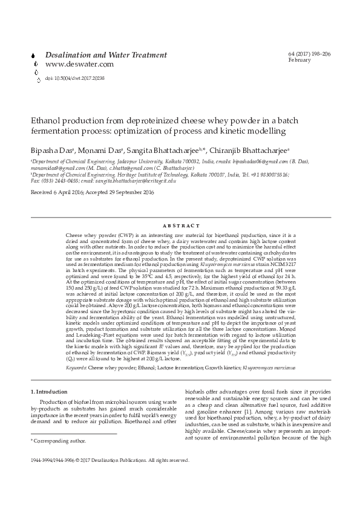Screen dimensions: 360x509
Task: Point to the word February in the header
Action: [299, 60]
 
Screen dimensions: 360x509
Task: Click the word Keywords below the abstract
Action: [77, 367]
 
